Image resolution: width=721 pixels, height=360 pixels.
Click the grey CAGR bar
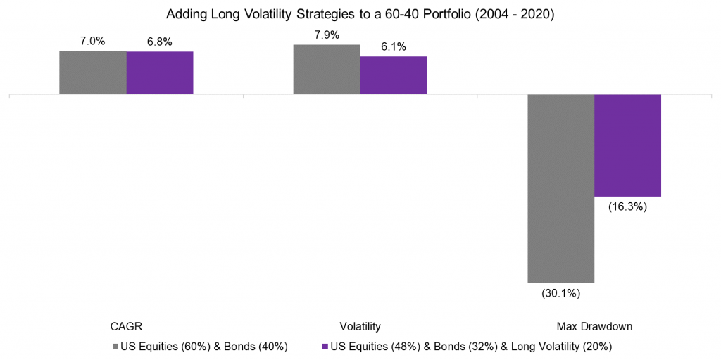[x=93, y=72]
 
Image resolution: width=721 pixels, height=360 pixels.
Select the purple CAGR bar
[x=160, y=73]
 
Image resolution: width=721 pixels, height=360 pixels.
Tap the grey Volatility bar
[x=327, y=69]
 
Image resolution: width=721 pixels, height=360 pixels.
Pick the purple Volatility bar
[x=394, y=75]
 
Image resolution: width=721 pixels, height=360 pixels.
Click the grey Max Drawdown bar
[x=561, y=188]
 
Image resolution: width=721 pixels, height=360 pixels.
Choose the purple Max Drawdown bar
[x=628, y=145]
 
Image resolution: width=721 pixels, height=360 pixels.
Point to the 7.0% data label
[x=92, y=42]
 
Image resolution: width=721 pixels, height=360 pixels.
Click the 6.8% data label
[x=160, y=42]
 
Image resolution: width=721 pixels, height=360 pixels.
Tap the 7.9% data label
[x=327, y=35]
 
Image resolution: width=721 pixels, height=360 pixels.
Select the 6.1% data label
[x=394, y=47]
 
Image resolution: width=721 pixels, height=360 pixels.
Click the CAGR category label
[x=126, y=327]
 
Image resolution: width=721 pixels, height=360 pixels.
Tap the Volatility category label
[x=360, y=327]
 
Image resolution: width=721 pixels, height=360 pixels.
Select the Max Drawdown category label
[x=594, y=327]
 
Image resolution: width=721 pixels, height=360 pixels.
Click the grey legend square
[x=115, y=347]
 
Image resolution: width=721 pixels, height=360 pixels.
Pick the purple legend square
[x=325, y=347]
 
